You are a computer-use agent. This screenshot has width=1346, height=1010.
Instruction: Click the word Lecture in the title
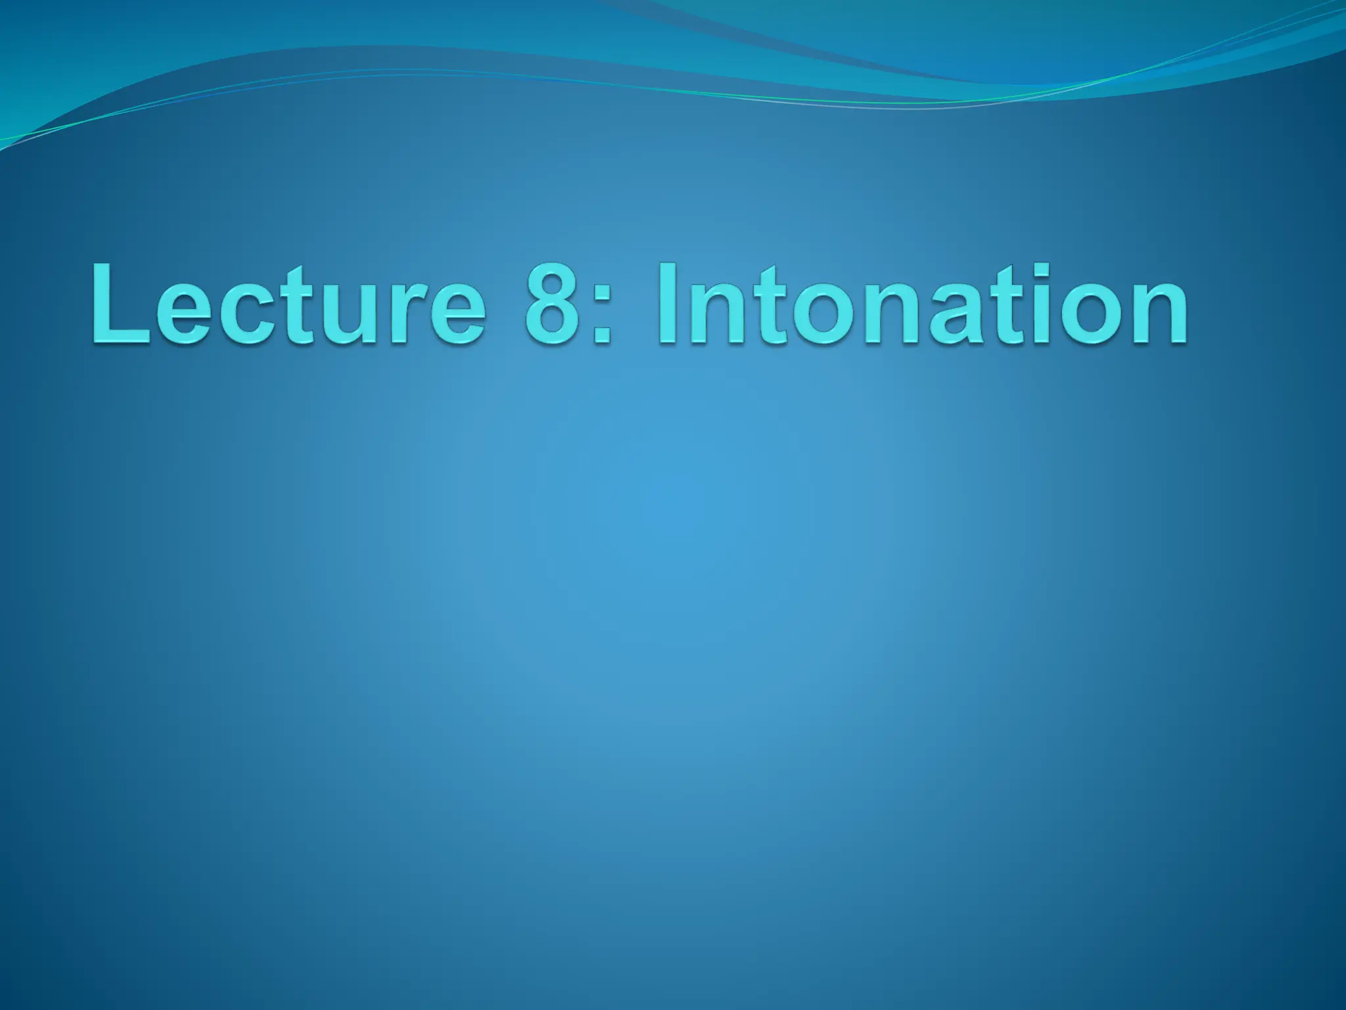289,304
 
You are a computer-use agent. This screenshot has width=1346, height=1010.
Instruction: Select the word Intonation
920,304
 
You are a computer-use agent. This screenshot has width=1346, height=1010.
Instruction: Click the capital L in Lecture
118,304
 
